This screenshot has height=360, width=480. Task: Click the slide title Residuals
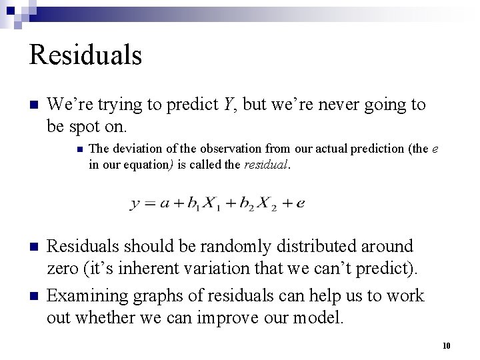85,55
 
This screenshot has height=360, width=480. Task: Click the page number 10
447,345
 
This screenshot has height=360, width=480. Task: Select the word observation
230,148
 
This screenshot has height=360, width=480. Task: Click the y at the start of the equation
135,204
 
